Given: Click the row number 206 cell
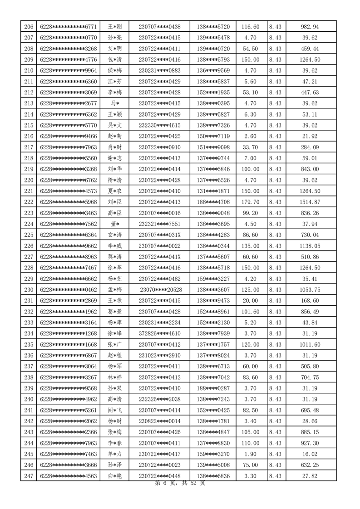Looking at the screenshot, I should (29, 27).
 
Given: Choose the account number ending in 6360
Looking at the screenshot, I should (69, 81).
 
